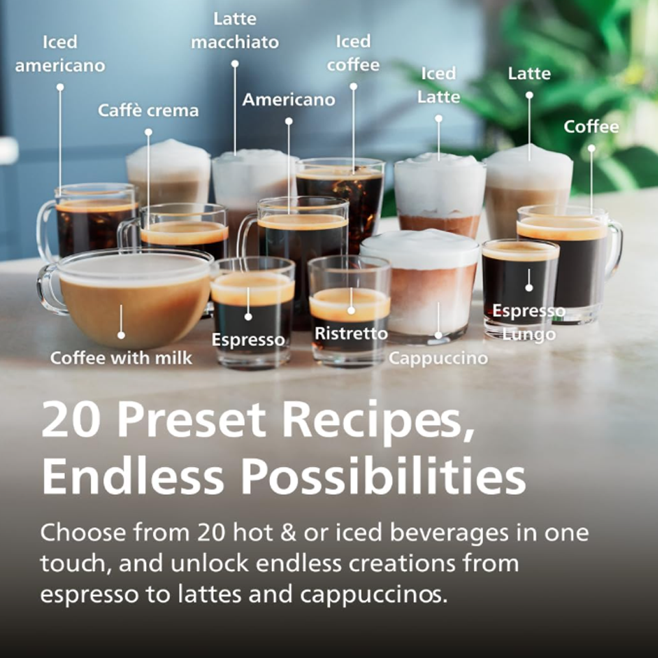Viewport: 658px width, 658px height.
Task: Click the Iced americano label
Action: click(60, 54)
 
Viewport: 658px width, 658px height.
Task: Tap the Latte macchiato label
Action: click(235, 30)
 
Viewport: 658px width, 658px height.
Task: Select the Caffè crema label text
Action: click(148, 110)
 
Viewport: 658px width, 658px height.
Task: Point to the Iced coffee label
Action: click(353, 53)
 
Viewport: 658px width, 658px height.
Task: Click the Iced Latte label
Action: click(439, 85)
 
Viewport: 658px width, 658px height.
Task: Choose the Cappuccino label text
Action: click(439, 358)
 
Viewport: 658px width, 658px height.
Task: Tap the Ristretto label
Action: click(351, 334)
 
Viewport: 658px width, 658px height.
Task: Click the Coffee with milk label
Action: click(121, 357)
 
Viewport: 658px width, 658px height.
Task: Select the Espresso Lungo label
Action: click(529, 322)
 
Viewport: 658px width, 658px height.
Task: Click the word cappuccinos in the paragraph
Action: click(369, 594)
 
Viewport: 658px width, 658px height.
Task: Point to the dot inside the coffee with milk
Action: click(121, 334)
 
